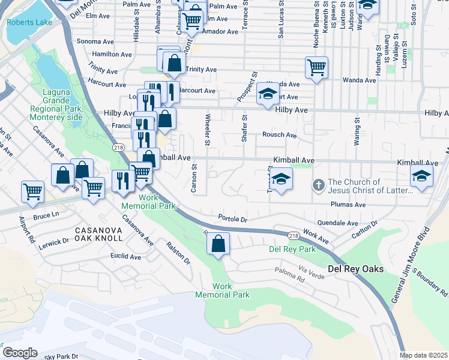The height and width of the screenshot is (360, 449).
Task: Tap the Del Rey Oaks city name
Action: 355,269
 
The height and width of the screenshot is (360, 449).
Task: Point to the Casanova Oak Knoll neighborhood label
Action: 98,234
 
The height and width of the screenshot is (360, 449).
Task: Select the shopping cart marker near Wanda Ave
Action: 316,67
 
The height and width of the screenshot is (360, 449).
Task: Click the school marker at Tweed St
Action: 280,178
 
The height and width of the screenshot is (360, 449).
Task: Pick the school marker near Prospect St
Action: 268,93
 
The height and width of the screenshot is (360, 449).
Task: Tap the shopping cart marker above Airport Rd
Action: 32,191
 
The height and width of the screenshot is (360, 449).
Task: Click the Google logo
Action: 19,352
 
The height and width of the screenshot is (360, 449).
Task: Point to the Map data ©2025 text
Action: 423,355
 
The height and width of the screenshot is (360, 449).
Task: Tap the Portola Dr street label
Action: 233,219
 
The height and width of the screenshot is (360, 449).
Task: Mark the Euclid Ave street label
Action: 127,257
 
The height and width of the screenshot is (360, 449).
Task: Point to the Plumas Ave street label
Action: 348,205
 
